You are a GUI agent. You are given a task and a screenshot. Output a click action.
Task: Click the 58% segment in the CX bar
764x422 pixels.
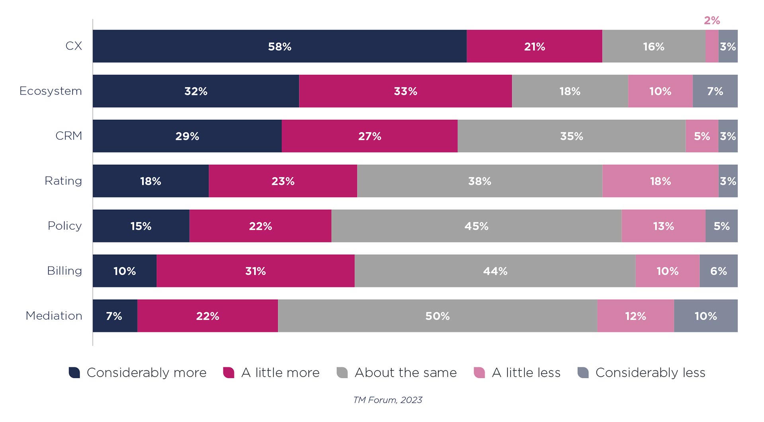click(x=279, y=46)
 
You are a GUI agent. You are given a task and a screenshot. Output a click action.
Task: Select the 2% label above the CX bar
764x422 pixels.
click(x=711, y=21)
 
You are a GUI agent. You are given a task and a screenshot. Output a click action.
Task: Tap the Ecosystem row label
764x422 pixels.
click(x=51, y=91)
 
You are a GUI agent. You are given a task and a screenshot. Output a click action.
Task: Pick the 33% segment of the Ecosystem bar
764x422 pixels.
click(x=405, y=91)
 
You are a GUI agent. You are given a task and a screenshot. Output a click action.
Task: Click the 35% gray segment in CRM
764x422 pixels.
click(x=571, y=136)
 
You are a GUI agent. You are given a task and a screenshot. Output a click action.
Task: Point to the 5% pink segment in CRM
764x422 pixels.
click(x=702, y=136)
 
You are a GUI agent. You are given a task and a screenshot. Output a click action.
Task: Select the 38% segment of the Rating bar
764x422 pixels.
click(x=479, y=181)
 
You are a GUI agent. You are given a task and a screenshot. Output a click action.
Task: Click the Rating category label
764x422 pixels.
click(x=63, y=181)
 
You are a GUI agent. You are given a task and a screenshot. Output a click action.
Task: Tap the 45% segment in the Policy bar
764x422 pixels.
click(x=476, y=226)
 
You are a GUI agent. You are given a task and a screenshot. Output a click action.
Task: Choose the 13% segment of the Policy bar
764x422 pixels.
click(x=663, y=226)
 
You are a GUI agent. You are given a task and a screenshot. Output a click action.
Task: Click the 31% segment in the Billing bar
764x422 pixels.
click(x=255, y=271)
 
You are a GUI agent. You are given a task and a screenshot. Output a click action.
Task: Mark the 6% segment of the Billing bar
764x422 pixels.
click(x=718, y=271)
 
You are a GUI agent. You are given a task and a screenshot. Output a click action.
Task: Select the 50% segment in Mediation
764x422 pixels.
click(x=437, y=316)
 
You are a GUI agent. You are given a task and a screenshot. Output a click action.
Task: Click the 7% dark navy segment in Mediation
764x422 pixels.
click(x=114, y=316)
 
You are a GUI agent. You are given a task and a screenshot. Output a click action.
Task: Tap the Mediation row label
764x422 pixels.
click(x=54, y=316)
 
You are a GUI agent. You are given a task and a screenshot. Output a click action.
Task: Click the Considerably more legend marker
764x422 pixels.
click(x=74, y=373)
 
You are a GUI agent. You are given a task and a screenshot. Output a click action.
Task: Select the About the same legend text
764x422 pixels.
click(x=405, y=373)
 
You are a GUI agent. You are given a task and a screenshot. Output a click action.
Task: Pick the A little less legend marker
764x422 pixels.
click(x=479, y=373)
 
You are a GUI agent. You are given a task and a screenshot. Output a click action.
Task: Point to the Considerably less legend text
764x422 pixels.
click(x=650, y=373)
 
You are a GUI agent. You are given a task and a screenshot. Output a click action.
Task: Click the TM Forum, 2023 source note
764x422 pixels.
click(x=388, y=400)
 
